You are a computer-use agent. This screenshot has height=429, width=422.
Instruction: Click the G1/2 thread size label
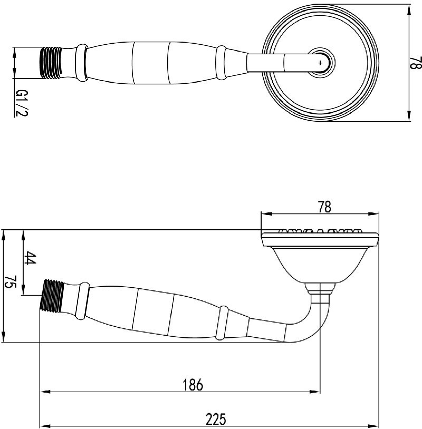tap(21, 103)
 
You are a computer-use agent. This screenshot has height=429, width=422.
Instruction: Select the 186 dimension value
tap(193, 384)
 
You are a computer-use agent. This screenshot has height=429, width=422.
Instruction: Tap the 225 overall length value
tap(216, 419)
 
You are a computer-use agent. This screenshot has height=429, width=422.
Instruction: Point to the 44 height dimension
tap(30, 258)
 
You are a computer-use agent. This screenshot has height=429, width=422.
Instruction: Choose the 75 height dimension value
tap(10, 282)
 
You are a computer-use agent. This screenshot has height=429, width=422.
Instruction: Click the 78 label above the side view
tap(324, 207)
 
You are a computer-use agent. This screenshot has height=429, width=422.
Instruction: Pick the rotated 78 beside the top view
tap(416, 63)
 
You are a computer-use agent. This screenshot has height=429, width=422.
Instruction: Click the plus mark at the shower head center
tap(320, 63)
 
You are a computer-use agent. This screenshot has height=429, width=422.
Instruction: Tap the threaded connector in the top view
tap(51, 63)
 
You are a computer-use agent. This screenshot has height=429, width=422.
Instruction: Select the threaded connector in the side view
tap(52, 296)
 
